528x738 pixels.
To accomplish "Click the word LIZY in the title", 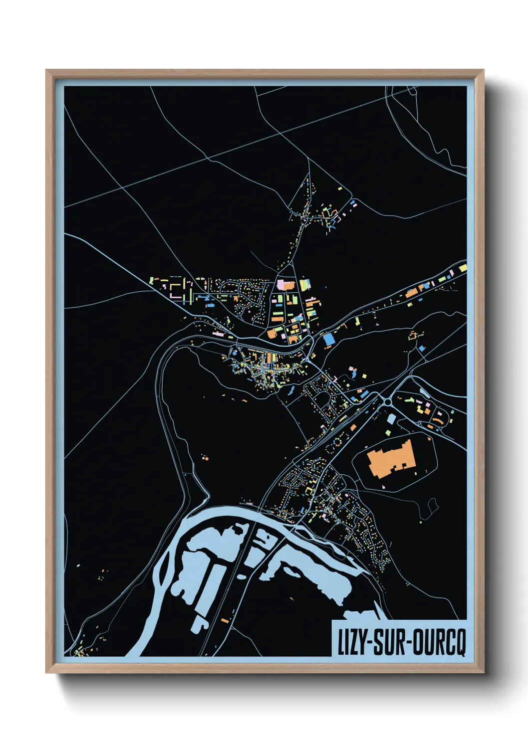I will pyautogui.click(x=352, y=643).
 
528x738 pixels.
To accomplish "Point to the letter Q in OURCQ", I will pyautogui.click(x=460, y=643).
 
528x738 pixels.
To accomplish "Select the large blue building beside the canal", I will pyautogui.click(x=328, y=340).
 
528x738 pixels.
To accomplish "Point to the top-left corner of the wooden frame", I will pyautogui.click(x=47, y=71).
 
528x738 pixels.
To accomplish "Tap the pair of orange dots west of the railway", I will pyautogui.click(x=205, y=457).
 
